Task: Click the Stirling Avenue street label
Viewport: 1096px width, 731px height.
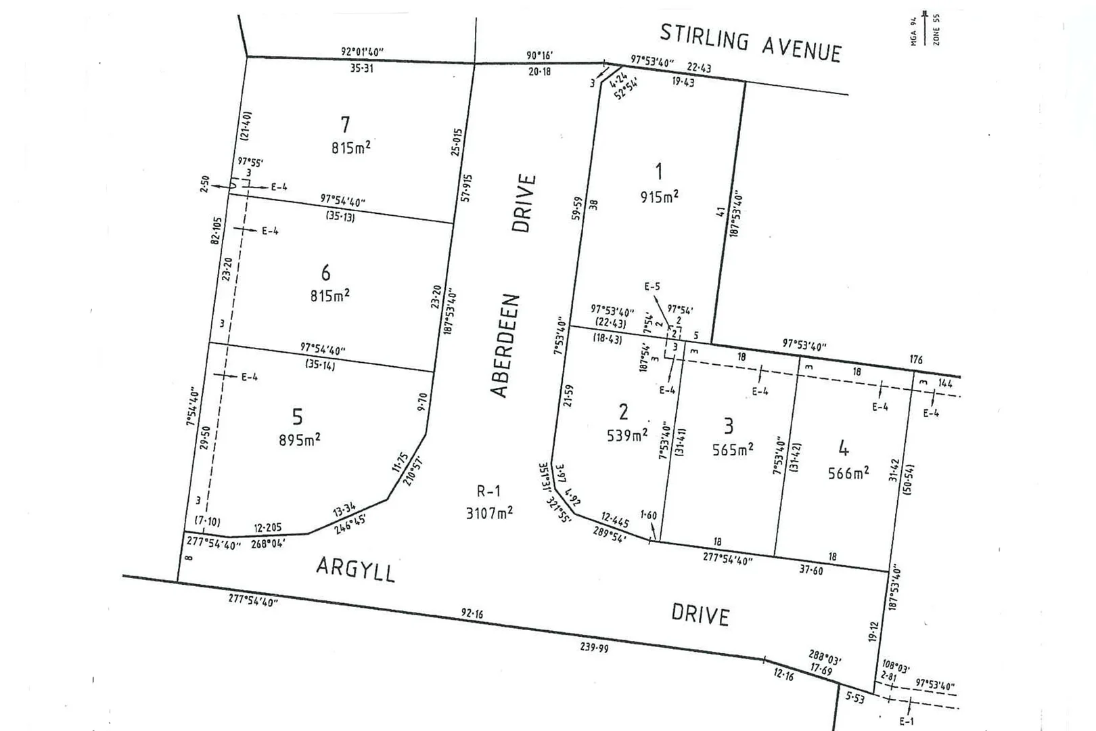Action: (750, 42)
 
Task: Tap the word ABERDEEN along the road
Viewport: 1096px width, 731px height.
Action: (505, 345)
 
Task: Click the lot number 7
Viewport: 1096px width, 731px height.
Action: (345, 125)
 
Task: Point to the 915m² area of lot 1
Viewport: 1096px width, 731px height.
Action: (659, 197)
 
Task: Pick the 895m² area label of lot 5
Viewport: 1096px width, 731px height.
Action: (299, 440)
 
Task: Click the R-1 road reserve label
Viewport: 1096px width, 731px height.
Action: (488, 491)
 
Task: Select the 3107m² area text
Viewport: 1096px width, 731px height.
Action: (488, 513)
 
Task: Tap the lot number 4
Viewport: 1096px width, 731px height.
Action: (843, 448)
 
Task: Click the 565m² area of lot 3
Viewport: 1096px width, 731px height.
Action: (733, 449)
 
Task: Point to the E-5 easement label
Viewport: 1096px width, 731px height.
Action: (652, 287)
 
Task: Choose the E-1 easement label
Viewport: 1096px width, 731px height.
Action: (906, 722)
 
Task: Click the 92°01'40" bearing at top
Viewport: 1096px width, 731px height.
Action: (363, 51)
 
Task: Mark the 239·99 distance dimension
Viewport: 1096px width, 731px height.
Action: (593, 648)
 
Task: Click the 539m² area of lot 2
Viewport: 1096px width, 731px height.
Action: (626, 435)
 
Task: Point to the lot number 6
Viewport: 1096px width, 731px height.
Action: (325, 273)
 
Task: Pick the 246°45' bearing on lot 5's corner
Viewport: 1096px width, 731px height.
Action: (350, 524)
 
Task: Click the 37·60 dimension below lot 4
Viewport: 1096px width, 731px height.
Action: (810, 570)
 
